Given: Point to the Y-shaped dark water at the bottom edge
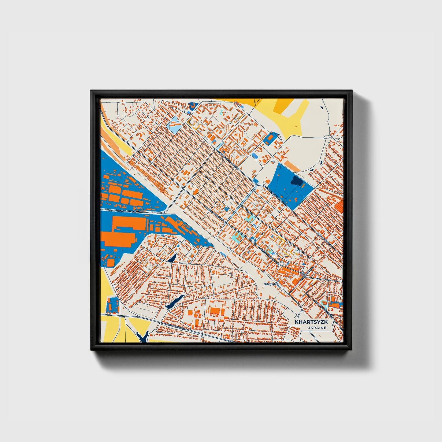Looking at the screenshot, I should click(x=143, y=336).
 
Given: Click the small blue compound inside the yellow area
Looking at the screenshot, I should click(x=113, y=305).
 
